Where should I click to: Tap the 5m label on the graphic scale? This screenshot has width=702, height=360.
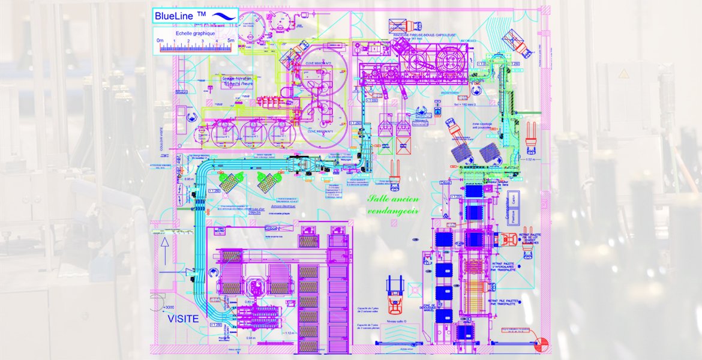231,41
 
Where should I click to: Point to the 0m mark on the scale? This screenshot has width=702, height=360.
160,41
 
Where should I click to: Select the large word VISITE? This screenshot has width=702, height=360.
183,319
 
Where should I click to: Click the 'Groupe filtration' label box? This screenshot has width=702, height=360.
236,80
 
